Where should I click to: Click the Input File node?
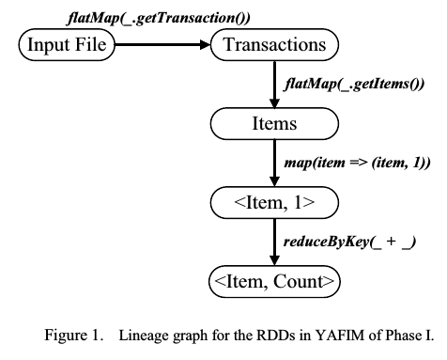[66, 43]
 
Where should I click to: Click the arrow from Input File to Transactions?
[161, 43]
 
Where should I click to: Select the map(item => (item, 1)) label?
[356, 163]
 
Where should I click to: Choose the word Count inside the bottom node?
[298, 280]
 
